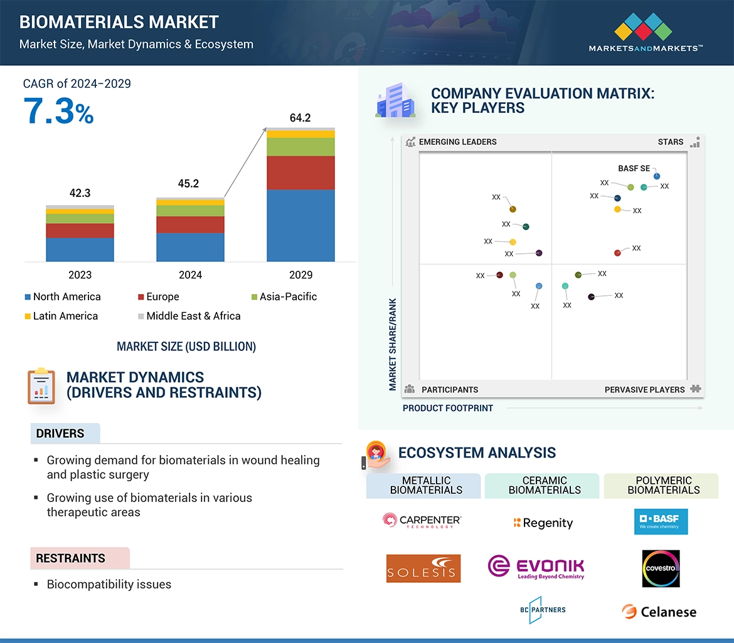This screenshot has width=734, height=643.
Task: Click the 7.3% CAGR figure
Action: point(58,111)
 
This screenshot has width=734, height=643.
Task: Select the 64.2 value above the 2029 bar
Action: point(301,118)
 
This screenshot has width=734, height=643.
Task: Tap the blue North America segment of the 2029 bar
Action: point(301,225)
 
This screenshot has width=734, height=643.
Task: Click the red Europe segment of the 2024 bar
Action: point(190,224)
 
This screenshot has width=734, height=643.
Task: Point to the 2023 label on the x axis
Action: point(80,274)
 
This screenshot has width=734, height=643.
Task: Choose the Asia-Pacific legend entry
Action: point(288,297)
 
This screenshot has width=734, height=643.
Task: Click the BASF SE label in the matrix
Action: point(634,169)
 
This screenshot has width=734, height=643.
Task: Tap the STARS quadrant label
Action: point(671,142)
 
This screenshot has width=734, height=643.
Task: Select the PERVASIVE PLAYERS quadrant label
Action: point(644,390)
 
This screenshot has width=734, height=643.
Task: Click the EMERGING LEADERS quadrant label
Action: point(457,142)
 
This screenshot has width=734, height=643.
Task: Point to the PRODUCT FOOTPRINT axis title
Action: point(448,408)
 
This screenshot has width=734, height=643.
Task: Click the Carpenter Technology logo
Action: point(422,520)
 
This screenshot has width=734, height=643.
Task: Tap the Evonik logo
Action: point(536,567)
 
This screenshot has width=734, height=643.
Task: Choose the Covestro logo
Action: point(661,568)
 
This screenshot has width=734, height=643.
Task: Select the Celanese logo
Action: point(659,612)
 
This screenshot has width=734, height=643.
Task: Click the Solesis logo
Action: point(423,568)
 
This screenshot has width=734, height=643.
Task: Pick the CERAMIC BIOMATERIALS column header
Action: point(545,486)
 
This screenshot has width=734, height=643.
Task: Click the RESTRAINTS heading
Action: point(70,558)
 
